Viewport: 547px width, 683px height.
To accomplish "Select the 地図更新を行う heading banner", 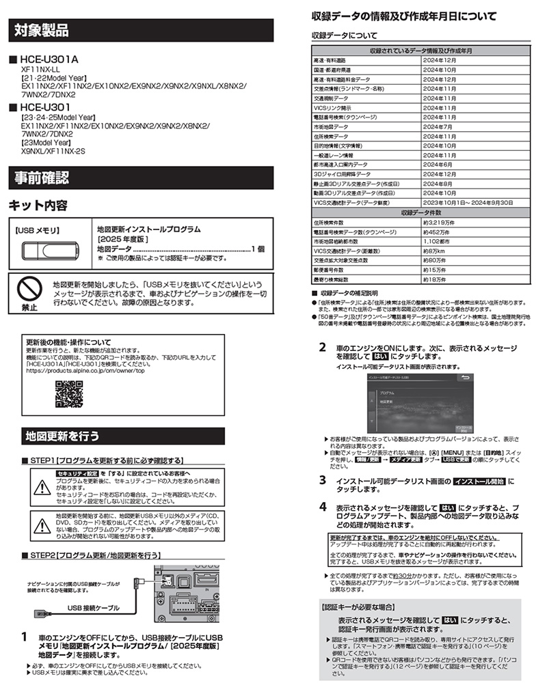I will coord(62,435).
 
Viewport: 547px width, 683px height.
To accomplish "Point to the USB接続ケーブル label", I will coord(93,607).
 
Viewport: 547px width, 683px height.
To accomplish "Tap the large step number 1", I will coord(25,637).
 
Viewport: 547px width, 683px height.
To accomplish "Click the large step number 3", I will coord(323,480).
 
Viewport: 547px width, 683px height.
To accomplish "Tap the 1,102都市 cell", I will coord(438,241).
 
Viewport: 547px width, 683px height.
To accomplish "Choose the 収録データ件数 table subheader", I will coord(420,212).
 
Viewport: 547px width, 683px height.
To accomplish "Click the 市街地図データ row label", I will coord(332,126).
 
